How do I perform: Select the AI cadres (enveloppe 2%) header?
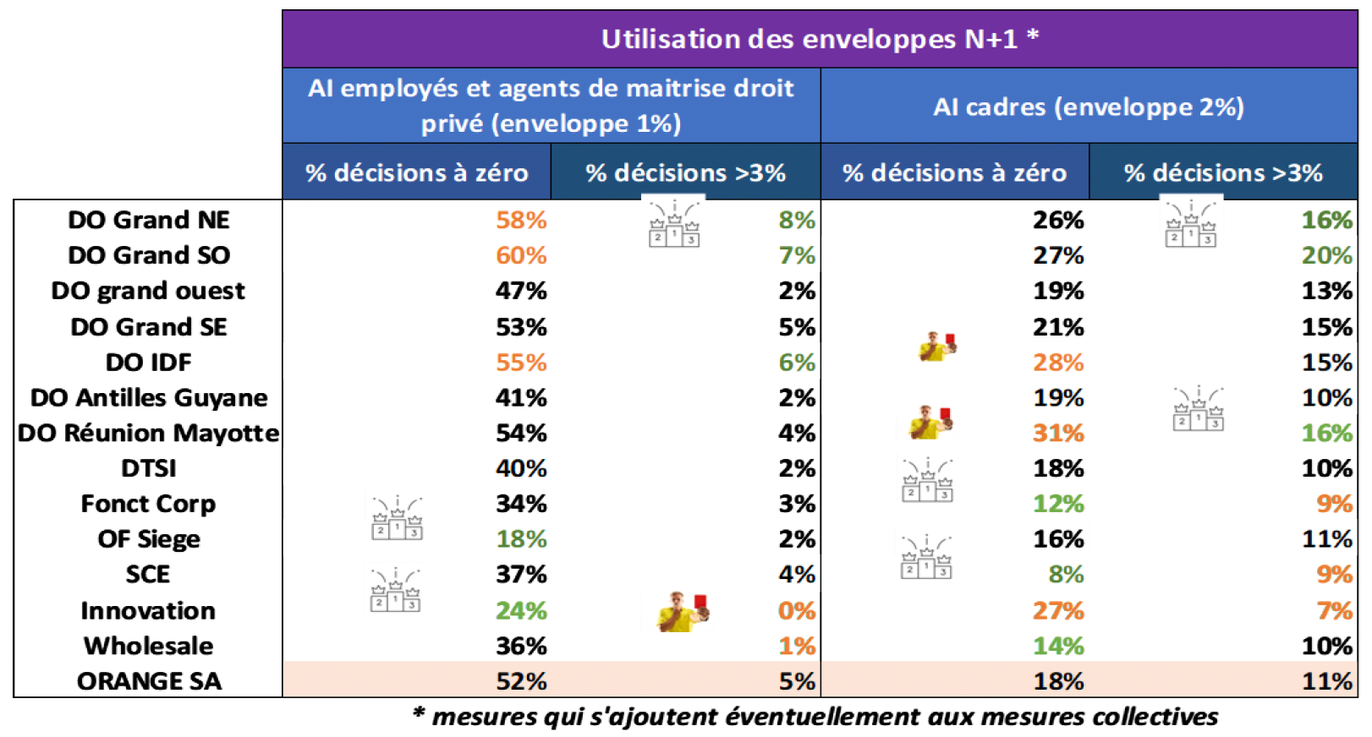(1088, 107)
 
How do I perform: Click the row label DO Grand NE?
(149, 220)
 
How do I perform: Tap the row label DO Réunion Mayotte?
(149, 433)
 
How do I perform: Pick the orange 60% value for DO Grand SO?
(521, 255)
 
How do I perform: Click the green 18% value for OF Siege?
(521, 539)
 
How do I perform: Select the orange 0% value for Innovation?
(796, 610)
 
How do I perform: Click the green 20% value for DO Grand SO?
(1326, 255)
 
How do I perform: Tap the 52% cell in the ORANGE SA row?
(521, 681)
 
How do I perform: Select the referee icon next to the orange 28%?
(936, 346)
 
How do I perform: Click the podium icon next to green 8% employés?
(674, 224)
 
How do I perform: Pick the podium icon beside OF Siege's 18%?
(397, 519)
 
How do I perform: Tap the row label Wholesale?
(149, 646)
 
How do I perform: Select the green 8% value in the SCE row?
(1065, 575)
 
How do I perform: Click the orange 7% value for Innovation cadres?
(1334, 610)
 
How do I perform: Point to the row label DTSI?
(149, 468)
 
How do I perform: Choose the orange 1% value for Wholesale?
(796, 646)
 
